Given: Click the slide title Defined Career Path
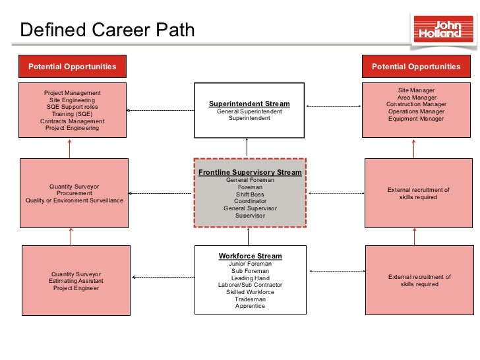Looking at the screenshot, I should point(107,30).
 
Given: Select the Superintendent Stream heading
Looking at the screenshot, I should point(249,104).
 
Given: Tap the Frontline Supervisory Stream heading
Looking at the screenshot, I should point(250,172).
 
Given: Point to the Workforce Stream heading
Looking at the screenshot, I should point(250,256).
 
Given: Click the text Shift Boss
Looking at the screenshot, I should point(250,195).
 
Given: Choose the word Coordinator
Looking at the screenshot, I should point(250,202).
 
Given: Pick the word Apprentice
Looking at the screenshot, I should point(250,306).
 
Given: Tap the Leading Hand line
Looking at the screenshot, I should point(250,278).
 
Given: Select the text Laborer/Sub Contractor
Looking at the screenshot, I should point(250,285).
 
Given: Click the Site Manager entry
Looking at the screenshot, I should point(416,90).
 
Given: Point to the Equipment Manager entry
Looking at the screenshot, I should point(416,119).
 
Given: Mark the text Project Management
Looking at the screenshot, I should point(73,93).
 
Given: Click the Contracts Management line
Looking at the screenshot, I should point(73,121).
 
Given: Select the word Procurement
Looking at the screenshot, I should point(75,193).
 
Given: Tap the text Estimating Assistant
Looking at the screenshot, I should point(76,281).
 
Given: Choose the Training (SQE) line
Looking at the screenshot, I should point(73,114).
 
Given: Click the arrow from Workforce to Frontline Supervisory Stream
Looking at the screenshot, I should point(248,236).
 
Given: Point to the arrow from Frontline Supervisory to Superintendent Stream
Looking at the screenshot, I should point(248,147).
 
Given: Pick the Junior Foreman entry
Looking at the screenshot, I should point(250,264).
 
